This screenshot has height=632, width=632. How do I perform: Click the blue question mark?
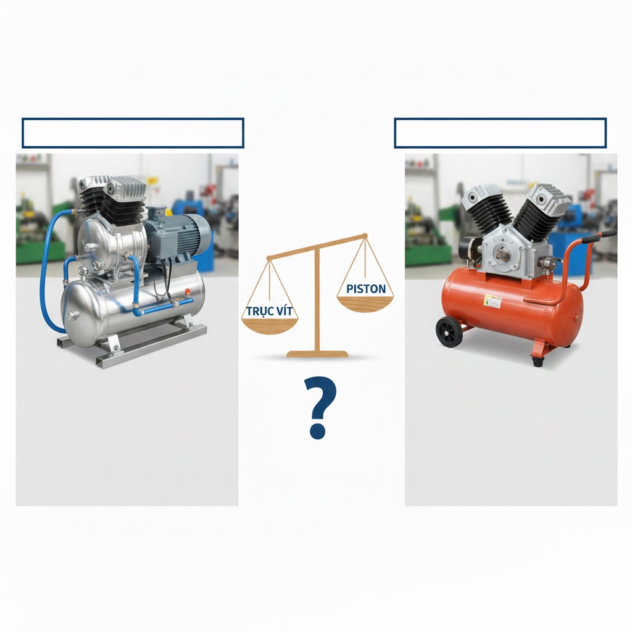(x=320, y=409)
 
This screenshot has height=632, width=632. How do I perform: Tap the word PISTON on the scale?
(x=366, y=288)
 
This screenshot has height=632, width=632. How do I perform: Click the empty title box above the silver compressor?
(x=133, y=133)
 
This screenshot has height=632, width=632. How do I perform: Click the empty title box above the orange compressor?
(x=500, y=133)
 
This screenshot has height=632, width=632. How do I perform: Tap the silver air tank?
(x=133, y=302)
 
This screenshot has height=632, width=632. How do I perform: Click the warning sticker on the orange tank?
(x=493, y=301)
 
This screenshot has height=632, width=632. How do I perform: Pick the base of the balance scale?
(x=317, y=354)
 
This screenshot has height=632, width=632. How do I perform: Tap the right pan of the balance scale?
(x=365, y=303)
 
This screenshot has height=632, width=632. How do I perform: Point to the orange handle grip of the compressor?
(x=604, y=235)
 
